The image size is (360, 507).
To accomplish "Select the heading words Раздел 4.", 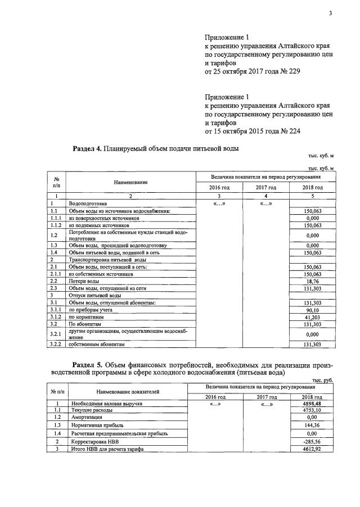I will [87, 149].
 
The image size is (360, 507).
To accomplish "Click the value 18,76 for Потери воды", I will [313, 280].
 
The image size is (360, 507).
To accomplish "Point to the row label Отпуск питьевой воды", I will [94, 295].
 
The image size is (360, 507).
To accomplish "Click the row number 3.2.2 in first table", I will [56, 344].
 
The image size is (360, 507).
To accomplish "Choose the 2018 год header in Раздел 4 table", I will [313, 187].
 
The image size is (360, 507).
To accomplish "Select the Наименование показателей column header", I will [127, 391].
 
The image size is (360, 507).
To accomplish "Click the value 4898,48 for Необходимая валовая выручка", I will [310, 404].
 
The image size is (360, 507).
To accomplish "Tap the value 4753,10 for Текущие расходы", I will [310, 410].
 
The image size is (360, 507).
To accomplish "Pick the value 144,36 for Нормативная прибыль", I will [310, 425].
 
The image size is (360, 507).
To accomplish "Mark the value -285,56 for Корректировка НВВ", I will [310, 442].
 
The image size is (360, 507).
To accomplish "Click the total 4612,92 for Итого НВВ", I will [310, 450].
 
